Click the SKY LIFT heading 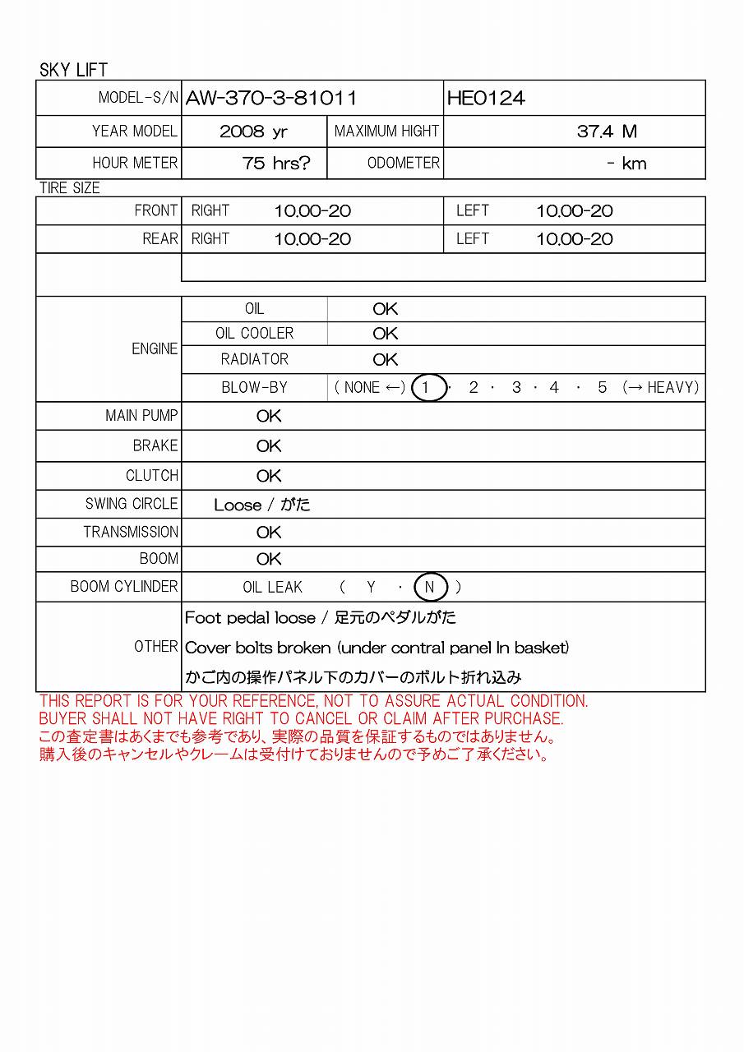click(x=73, y=70)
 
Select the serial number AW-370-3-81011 click(x=271, y=99)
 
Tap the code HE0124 click(x=486, y=99)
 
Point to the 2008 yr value click(x=253, y=131)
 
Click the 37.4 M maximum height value click(x=607, y=131)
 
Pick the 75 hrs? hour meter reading click(x=276, y=164)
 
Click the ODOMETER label click(x=403, y=163)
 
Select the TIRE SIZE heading click(x=70, y=188)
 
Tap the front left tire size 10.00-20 click(x=575, y=211)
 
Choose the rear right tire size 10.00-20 click(x=312, y=239)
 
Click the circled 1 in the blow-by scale click(x=426, y=387)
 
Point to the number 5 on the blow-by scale click(x=602, y=387)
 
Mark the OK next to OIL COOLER click(x=385, y=334)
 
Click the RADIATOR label click(x=255, y=359)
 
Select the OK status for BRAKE click(x=269, y=446)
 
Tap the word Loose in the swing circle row click(x=237, y=505)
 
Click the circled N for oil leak click(x=430, y=587)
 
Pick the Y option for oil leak click(x=371, y=587)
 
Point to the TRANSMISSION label click(x=131, y=532)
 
